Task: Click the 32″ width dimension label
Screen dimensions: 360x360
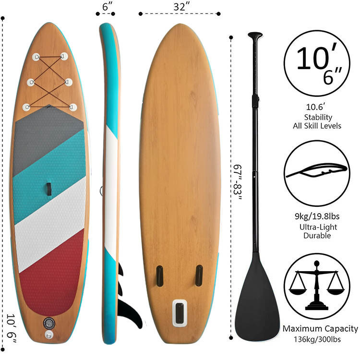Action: coord(181,6)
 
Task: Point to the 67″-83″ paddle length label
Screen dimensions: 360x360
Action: coord(238,182)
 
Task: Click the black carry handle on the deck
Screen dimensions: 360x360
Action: coord(48,189)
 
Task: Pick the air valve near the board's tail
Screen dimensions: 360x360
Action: coord(49,323)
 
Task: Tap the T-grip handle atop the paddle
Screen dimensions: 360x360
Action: coord(255,36)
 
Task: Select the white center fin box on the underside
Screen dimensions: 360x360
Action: coord(180,313)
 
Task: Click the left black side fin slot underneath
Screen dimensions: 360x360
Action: coord(159,276)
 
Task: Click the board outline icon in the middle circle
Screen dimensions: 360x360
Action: coord(317,171)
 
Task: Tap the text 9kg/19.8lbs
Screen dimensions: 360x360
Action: coord(317,216)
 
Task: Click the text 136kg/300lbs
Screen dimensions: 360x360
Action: coord(317,339)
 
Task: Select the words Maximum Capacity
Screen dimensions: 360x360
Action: coord(320,328)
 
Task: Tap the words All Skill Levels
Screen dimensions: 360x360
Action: coord(317,126)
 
